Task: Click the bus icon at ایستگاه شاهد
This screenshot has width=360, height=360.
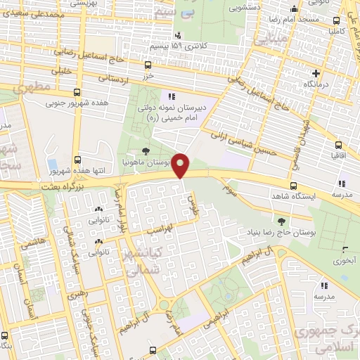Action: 293,185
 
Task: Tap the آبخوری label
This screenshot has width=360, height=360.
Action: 345,260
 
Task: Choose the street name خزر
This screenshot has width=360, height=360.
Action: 148,74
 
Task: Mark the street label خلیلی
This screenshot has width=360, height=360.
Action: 63,70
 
